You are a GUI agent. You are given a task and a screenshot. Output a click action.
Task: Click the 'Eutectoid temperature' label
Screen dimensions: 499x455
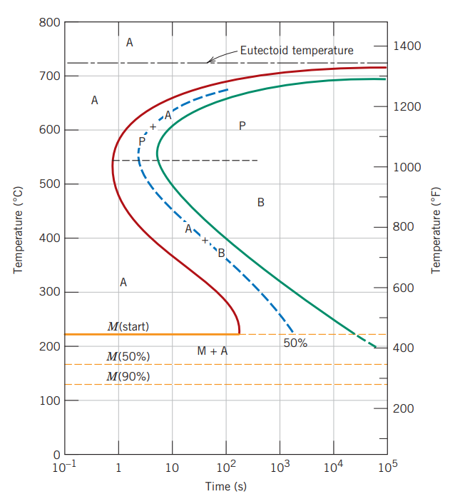click(x=296, y=50)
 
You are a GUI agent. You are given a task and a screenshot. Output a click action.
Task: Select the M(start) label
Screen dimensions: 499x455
click(x=128, y=326)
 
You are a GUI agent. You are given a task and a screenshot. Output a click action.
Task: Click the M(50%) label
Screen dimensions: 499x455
click(x=128, y=356)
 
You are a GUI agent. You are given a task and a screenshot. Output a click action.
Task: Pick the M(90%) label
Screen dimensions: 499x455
click(x=128, y=376)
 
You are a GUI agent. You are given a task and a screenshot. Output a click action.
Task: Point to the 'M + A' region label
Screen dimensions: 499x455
click(x=212, y=351)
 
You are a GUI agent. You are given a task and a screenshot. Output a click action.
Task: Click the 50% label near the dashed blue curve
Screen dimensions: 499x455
click(x=295, y=343)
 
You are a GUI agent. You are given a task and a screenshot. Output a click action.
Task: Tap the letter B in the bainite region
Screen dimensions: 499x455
click(x=261, y=203)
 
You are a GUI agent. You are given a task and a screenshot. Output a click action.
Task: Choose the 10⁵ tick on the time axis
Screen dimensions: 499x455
click(x=386, y=468)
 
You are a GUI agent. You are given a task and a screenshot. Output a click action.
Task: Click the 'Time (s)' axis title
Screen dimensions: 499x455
click(x=225, y=487)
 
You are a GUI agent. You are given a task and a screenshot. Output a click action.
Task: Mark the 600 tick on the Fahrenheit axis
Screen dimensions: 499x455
click(x=403, y=288)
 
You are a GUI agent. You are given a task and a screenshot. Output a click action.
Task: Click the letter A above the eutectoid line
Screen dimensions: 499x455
click(x=129, y=43)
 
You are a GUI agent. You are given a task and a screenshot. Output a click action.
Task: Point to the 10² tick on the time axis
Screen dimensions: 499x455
click(x=225, y=468)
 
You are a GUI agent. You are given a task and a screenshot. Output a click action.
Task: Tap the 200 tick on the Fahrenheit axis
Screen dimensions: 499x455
click(x=403, y=408)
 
